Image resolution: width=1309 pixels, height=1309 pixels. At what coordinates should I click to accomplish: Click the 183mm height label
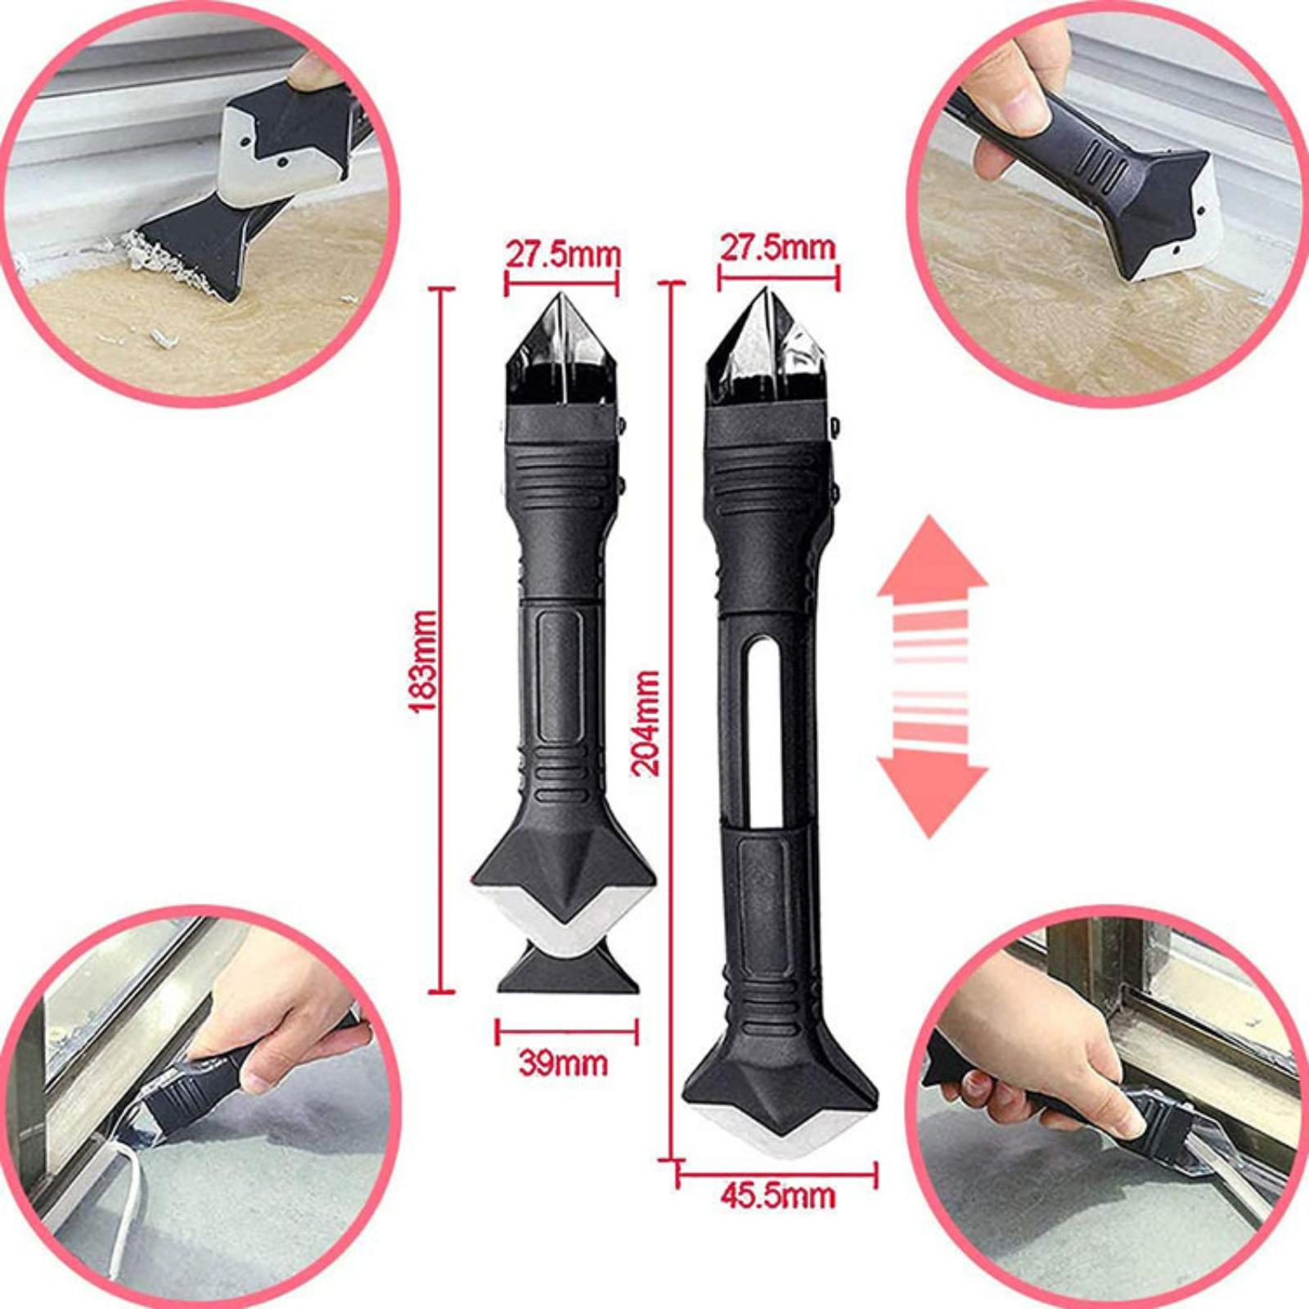coord(424,662)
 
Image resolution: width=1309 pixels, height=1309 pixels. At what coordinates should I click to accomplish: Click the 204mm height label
coord(646,722)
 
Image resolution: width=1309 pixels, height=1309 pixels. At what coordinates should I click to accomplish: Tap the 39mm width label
coord(563,1064)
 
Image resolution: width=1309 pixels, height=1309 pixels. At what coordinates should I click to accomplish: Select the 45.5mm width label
coord(778,1195)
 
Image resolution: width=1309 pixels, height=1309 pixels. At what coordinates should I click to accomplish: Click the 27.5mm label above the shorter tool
coord(563,254)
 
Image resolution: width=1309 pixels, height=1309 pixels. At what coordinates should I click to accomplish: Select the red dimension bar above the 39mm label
coord(566,1032)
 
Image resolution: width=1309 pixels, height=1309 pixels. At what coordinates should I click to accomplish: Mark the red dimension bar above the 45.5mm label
coord(777,1176)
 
